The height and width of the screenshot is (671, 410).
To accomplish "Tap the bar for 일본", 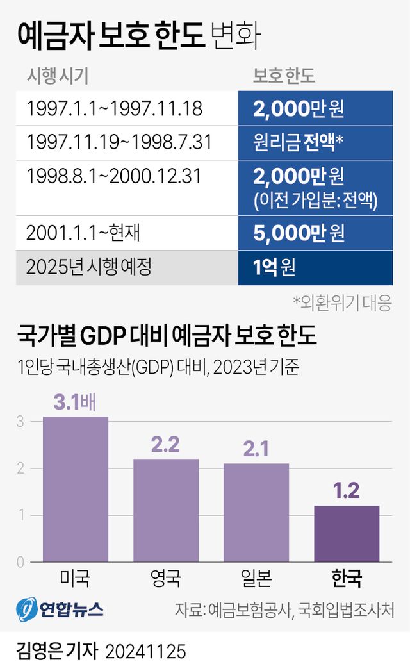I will (x=256, y=513).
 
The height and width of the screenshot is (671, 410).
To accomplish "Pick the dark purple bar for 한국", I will (x=347, y=534).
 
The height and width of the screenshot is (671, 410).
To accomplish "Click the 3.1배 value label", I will (x=75, y=403).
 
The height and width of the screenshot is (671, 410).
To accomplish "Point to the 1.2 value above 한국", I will (x=347, y=491).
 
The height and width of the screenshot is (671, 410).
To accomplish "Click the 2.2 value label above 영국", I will (x=165, y=445).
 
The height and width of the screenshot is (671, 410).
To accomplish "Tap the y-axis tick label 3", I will (x=20, y=422).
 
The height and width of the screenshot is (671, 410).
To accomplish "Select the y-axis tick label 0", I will (x=20, y=563).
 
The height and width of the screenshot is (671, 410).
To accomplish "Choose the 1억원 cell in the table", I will (x=315, y=267).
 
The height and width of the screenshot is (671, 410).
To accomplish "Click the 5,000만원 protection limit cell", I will (x=315, y=233).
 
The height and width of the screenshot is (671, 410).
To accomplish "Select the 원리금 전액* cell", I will (x=315, y=142).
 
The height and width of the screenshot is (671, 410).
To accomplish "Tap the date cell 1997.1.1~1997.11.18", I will (x=115, y=108).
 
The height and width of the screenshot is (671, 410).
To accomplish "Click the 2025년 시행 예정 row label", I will (x=89, y=267).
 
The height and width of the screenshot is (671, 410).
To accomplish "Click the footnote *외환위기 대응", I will (x=342, y=302).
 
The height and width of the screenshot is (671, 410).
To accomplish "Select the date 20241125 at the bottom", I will (x=145, y=652).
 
